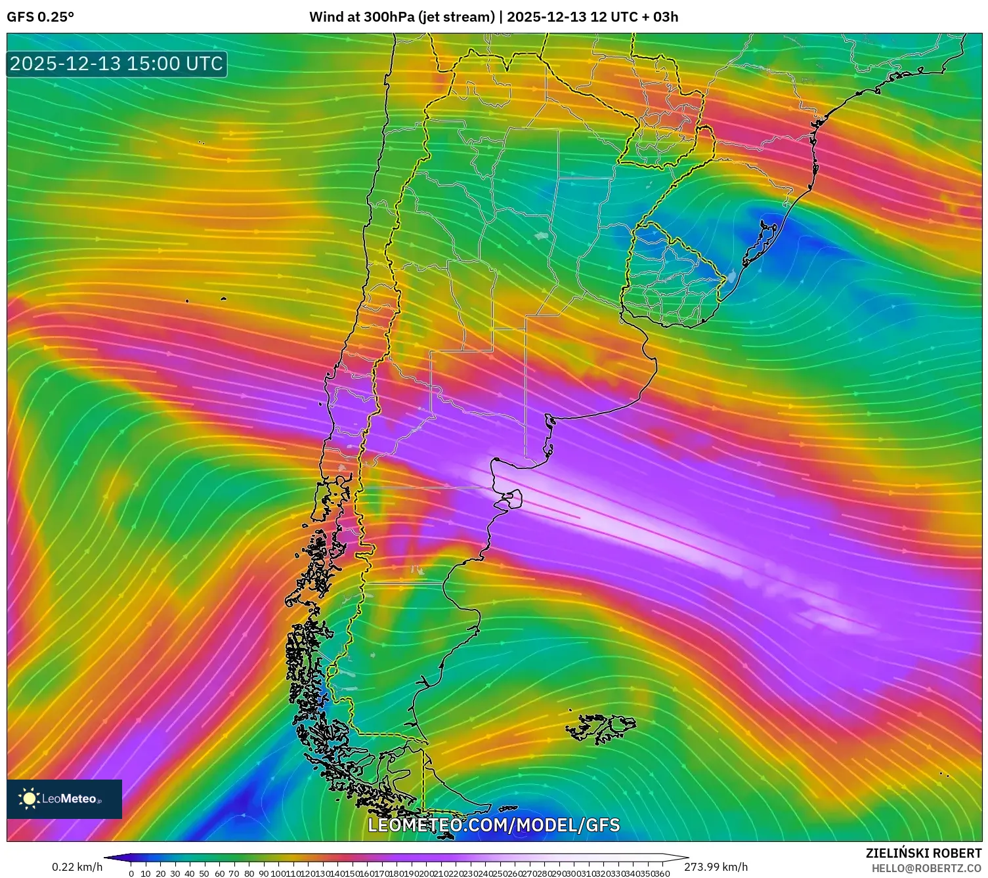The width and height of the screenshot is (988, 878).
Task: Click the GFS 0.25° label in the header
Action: pos(40,17)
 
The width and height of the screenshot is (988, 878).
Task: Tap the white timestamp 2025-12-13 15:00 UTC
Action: pos(117,64)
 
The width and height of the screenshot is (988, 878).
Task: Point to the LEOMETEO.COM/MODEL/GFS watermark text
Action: pos(494,825)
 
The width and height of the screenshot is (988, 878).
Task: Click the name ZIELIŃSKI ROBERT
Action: pos(923,854)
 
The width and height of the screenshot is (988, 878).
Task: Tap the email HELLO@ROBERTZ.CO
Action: pos(926,868)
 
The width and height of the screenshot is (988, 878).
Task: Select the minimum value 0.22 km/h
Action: pos(77,867)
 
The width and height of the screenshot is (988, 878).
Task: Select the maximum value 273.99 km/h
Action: pos(716,867)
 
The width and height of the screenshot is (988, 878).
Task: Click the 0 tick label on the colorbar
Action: pos(131,873)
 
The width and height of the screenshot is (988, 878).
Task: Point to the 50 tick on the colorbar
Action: pos(205,873)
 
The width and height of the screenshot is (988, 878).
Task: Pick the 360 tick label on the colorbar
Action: pos(662,873)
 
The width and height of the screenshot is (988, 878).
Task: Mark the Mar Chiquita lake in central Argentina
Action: pos(542,236)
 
